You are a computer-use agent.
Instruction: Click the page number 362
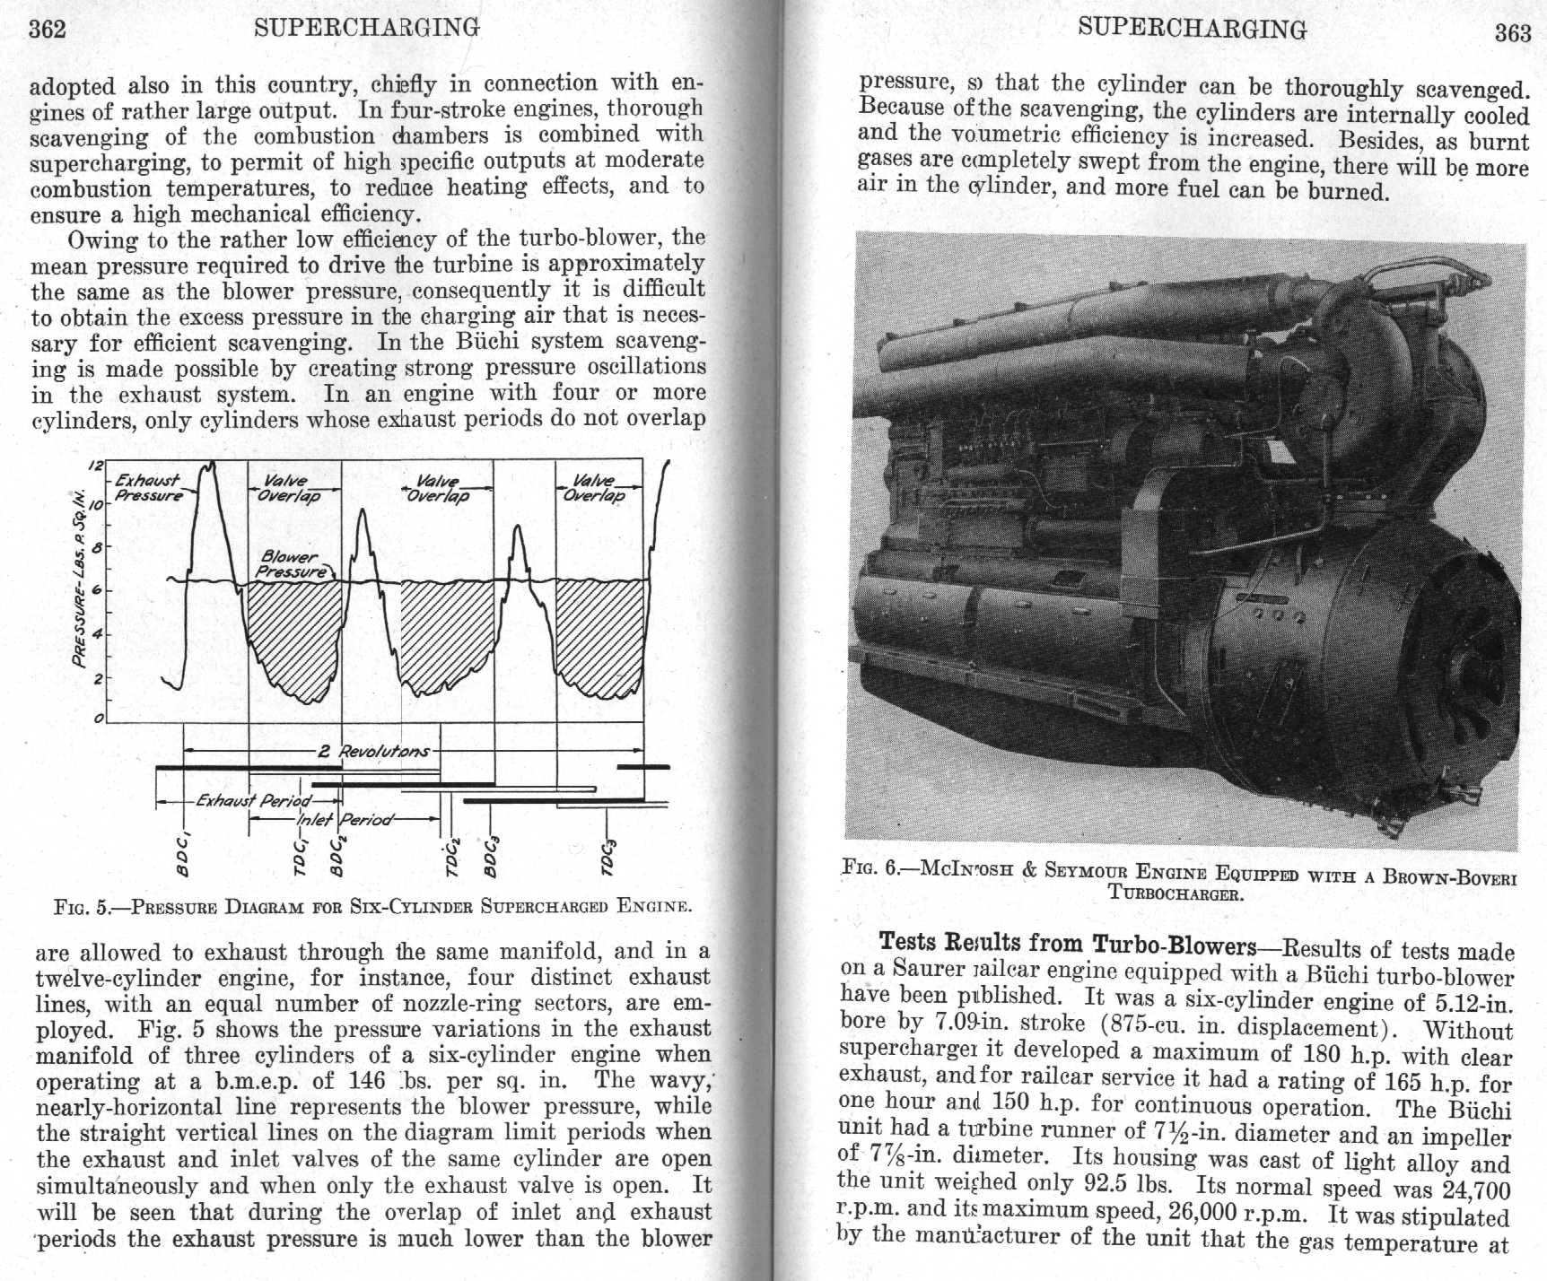(x=48, y=29)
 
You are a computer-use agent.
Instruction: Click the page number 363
(x=1512, y=32)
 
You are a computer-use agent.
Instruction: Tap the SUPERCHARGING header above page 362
(x=366, y=28)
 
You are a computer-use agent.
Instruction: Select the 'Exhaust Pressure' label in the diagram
(x=148, y=488)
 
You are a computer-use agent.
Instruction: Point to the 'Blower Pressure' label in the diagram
(x=292, y=564)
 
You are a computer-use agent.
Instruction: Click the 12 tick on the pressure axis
(x=95, y=465)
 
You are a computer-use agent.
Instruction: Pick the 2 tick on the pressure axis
(x=97, y=678)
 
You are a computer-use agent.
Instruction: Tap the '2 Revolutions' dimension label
(x=373, y=750)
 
